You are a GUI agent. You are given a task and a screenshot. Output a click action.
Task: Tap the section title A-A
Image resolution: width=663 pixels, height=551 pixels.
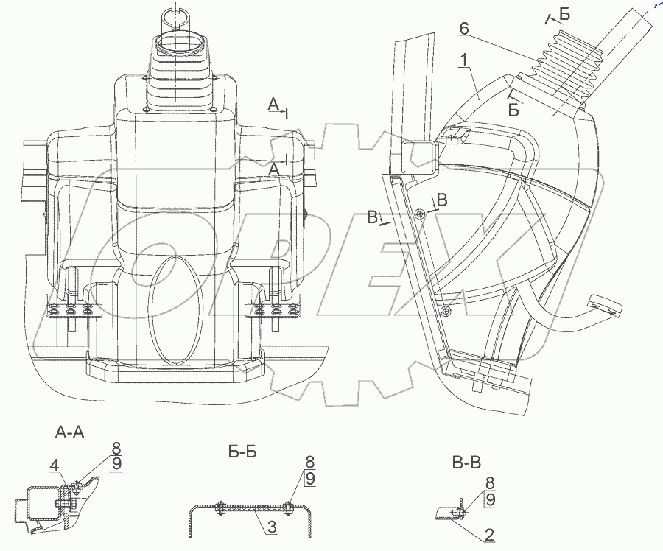point(70,433)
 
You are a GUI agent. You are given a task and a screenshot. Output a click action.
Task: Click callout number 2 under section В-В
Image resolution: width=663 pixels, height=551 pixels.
point(489,534)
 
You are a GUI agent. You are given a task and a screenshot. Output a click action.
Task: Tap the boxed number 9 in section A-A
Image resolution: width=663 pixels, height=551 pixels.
point(116,463)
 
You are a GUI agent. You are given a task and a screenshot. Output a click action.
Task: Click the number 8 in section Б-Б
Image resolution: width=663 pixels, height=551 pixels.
point(310,463)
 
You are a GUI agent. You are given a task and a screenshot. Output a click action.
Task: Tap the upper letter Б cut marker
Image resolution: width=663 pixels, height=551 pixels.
point(564,15)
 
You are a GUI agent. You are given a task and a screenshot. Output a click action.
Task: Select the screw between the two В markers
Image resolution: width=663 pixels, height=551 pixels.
point(420,214)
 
